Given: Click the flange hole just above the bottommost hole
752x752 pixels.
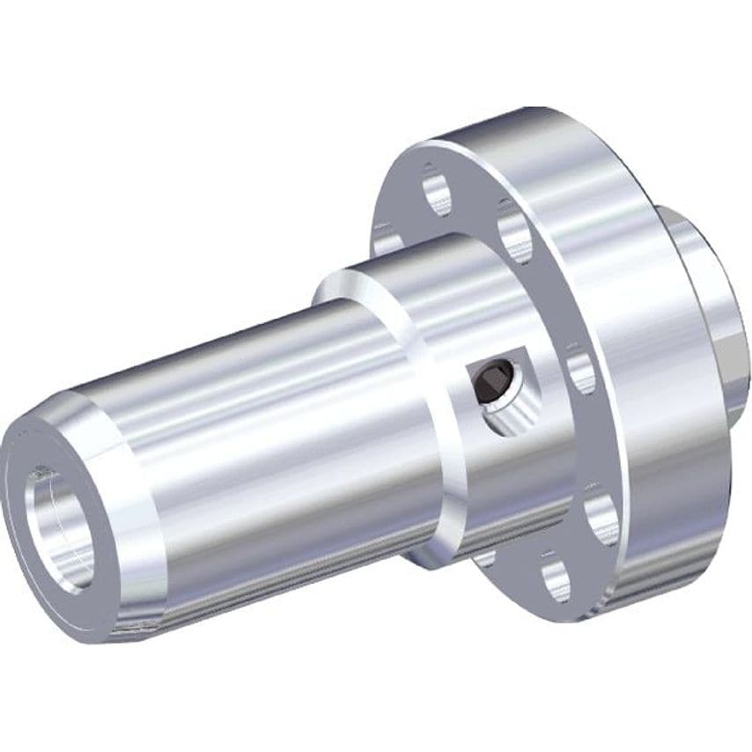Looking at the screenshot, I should [x=602, y=520].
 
